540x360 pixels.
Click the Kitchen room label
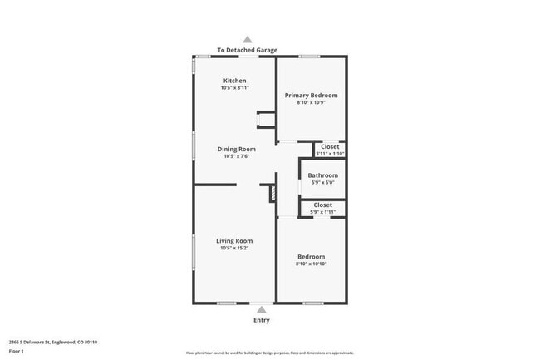[234, 81]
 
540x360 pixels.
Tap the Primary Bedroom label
[311, 96]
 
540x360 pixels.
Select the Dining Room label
[237, 149]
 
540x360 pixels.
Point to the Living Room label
[234, 241]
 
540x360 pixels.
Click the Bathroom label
[322, 175]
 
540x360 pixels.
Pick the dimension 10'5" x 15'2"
[234, 248]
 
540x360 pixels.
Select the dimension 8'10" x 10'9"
[311, 103]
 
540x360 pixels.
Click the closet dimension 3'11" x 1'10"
[330, 154]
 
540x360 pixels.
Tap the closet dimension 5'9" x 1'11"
[322, 212]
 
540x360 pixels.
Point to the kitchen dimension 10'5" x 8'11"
[234, 88]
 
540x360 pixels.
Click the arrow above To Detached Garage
[247, 39]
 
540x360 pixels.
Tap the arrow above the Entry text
[261, 309]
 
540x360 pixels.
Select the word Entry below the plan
[261, 320]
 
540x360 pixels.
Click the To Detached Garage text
[248, 50]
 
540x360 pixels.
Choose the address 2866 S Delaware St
[53, 342]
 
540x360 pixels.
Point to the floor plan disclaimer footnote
[269, 353]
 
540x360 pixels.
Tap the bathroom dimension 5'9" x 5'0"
[322, 183]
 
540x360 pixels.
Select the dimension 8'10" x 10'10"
[311, 264]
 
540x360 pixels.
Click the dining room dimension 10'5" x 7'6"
[237, 156]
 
